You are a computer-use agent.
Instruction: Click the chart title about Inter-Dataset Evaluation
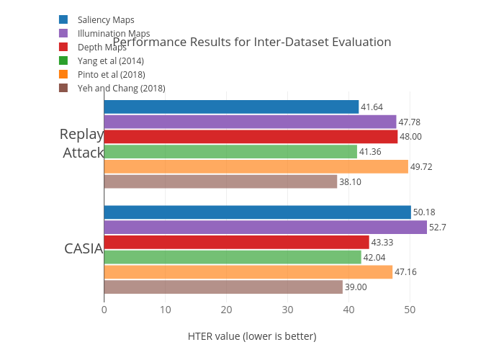pyautogui.click(x=252, y=42)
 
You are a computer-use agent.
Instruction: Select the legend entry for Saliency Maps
pyautogui.click(x=105, y=19)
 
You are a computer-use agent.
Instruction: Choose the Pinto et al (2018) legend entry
pyautogui.click(x=111, y=74)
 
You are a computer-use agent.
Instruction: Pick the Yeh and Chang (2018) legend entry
pyautogui.click(x=121, y=88)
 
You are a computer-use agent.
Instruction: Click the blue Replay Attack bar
pyautogui.click(x=231, y=107)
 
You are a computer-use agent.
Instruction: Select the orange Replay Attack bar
pyautogui.click(x=256, y=166)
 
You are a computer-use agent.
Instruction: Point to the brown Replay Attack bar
pyautogui.click(x=220, y=181)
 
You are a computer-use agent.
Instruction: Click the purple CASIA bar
pyautogui.click(x=265, y=227)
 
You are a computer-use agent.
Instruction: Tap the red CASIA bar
pyautogui.click(x=236, y=242)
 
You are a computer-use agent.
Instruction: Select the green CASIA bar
pyautogui.click(x=233, y=257)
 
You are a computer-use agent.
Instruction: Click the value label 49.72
pyautogui.click(x=422, y=166)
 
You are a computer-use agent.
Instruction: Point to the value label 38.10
pyautogui.click(x=350, y=181)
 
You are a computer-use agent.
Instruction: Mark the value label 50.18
pyautogui.click(x=424, y=212)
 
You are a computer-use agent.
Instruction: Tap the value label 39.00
pyautogui.click(x=356, y=287)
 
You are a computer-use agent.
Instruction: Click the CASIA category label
pyautogui.click(x=84, y=249)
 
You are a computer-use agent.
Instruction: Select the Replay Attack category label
pyautogui.click(x=82, y=143)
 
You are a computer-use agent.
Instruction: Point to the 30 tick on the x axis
pyautogui.click(x=287, y=310)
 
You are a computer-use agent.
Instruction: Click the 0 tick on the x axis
pyautogui.click(x=104, y=310)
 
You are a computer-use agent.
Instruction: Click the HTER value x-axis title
pyautogui.click(x=252, y=336)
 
